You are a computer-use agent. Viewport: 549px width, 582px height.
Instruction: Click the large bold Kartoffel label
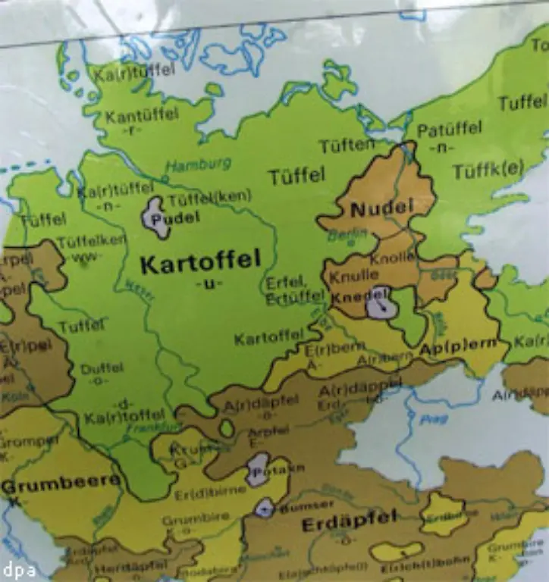(200, 264)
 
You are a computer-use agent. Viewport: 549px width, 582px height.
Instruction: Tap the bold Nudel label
(382, 207)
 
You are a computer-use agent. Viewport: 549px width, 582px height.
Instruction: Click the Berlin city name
(341, 236)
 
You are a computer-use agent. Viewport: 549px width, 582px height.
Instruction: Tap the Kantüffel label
(142, 116)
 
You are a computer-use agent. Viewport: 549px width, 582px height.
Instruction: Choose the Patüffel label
(449, 130)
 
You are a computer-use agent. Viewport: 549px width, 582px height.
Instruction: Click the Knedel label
(353, 293)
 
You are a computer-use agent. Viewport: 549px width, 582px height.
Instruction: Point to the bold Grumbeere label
(60, 482)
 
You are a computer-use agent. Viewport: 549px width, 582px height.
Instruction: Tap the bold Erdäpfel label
(350, 523)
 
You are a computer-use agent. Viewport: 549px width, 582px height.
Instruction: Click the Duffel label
(102, 368)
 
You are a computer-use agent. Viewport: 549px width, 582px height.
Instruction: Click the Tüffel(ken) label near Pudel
(209, 199)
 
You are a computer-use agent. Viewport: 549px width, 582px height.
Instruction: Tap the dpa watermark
(18, 570)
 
